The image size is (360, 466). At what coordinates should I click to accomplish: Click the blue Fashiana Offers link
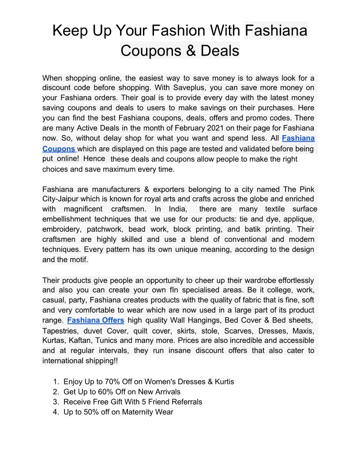click(x=95, y=320)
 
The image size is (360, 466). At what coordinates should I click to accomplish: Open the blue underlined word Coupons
click(x=59, y=149)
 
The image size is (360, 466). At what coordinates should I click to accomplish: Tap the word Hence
click(x=94, y=158)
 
